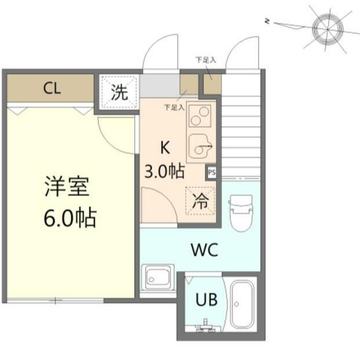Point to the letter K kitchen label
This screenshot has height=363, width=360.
[x=164, y=147]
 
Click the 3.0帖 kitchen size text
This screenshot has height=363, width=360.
[x=164, y=171]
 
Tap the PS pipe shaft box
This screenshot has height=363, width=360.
[x=211, y=172]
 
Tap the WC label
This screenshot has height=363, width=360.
[x=204, y=251]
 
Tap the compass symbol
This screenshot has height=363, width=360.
[x=327, y=26]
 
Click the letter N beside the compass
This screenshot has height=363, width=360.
[x=267, y=22]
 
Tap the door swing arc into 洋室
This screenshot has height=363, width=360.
[x=115, y=135]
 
